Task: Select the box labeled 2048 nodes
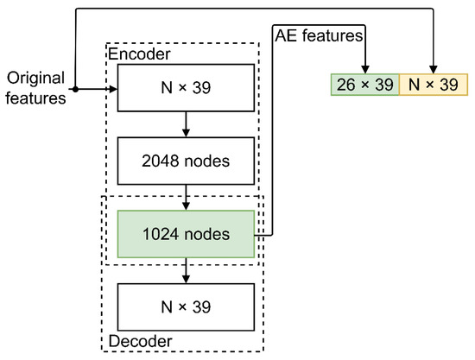[x=186, y=161]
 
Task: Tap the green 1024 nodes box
[x=186, y=233]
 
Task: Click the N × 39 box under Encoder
[x=186, y=88]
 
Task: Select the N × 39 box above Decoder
[x=186, y=306]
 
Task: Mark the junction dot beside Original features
[x=75, y=88]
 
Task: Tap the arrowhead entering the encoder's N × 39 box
[x=112, y=88]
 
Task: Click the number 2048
[x=162, y=161]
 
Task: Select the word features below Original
[x=34, y=98]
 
